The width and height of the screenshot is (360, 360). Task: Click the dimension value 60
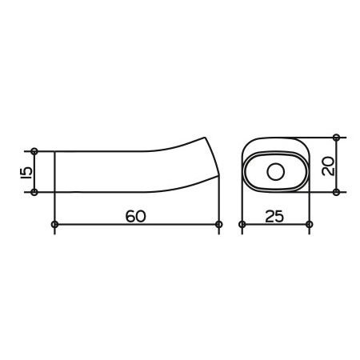point(136,216)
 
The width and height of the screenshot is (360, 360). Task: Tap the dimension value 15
point(26,172)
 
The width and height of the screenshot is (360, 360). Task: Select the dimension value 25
point(274,216)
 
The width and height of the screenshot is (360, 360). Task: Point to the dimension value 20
point(328,166)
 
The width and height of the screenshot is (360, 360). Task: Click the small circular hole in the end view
point(276,172)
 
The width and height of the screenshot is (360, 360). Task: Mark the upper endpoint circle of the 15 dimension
point(34,151)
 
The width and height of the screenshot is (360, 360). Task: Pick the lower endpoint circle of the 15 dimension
point(34,192)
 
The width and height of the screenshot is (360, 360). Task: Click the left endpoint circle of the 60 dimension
point(54,224)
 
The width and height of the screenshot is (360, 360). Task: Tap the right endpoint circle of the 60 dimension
point(219,224)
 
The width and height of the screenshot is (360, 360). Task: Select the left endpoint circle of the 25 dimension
point(242,224)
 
